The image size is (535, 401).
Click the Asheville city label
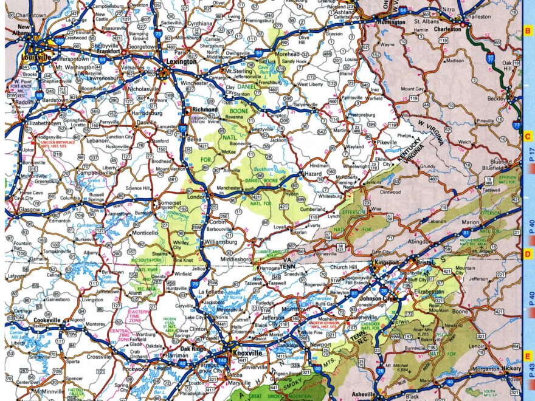363,394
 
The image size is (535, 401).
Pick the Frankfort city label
109,52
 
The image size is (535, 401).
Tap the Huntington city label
392,22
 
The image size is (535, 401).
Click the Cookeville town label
47,320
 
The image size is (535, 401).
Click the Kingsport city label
386,263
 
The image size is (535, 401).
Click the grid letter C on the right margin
528,137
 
